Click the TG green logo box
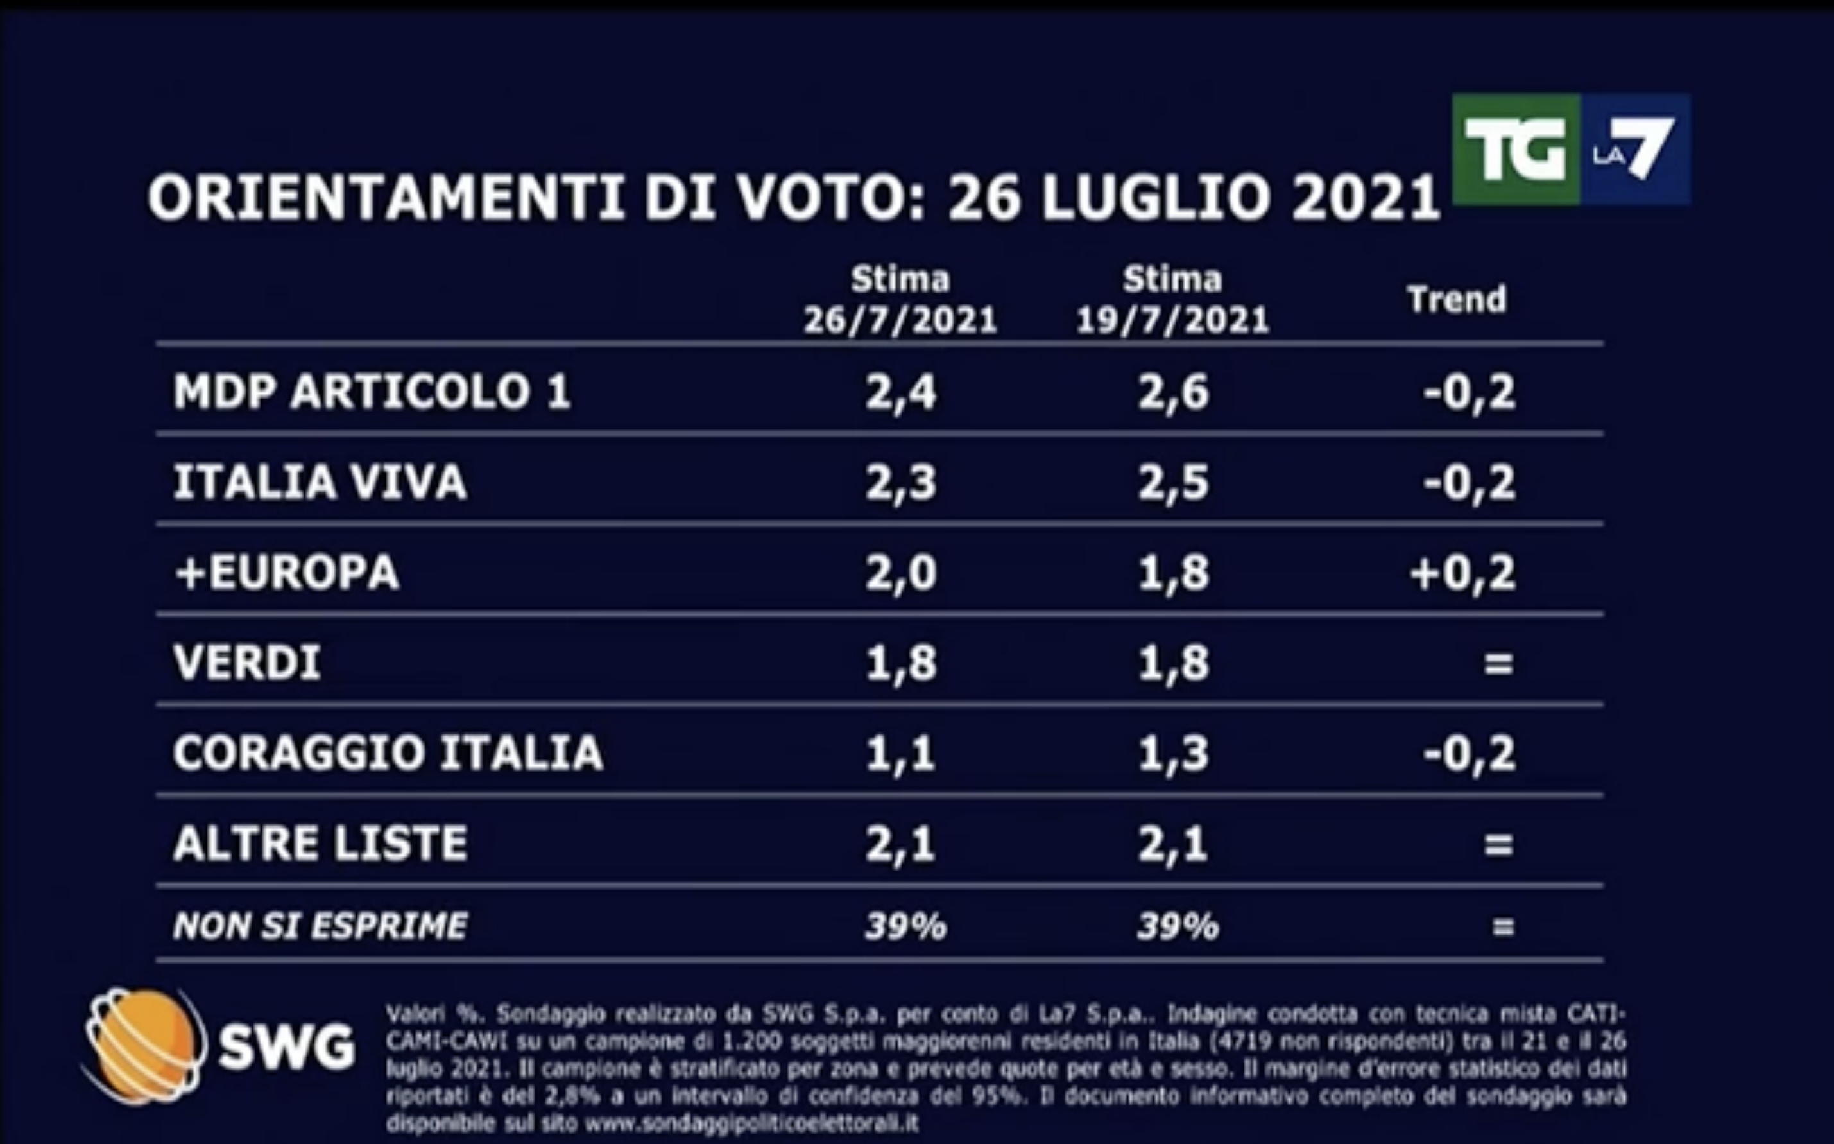(x=1515, y=149)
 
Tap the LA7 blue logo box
(x=1635, y=149)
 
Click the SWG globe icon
(x=142, y=1046)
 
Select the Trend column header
(x=1456, y=300)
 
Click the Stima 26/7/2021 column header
(x=899, y=300)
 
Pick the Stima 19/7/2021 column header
(x=1172, y=300)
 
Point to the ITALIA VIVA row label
(x=320, y=482)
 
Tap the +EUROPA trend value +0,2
(x=1462, y=573)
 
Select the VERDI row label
(x=247, y=663)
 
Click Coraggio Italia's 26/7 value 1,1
(x=900, y=754)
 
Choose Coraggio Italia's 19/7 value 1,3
(x=1173, y=754)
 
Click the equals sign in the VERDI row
(x=1498, y=664)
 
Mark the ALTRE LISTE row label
(x=320, y=843)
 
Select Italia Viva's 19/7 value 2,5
(x=1173, y=482)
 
